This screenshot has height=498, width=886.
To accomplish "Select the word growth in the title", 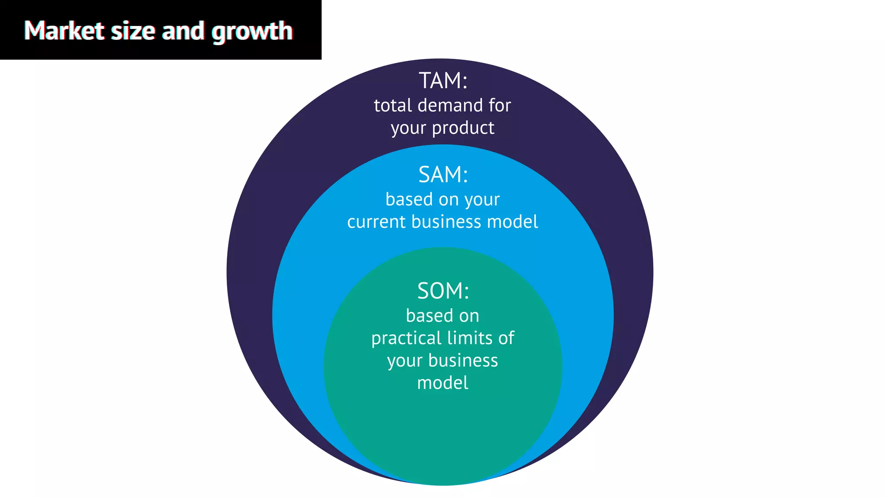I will [252, 32].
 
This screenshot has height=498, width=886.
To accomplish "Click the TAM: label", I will [443, 81].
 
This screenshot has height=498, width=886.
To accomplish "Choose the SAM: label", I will [443, 175].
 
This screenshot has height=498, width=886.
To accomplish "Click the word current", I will [376, 222].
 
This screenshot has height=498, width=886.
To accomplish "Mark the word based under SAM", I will [409, 200].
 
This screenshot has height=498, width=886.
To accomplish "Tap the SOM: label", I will [443, 291].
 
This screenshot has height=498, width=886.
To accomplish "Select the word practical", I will [406, 338].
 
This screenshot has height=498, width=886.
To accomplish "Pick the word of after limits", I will [506, 338].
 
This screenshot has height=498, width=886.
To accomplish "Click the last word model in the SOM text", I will [443, 383].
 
